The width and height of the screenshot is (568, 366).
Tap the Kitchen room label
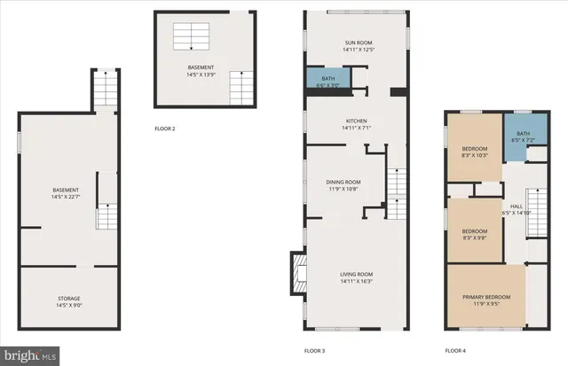pos(356,121)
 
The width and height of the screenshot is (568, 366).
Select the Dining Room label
pos(342,183)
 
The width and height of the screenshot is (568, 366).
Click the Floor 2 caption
pos(165,129)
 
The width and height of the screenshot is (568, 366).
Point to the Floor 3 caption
pos(315,351)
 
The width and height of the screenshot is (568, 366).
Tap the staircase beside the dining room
pos(396,186)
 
